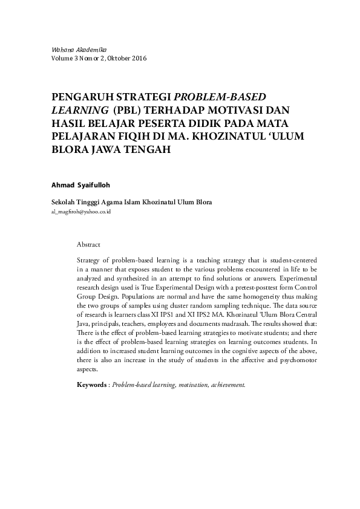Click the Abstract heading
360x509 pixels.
88,245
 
